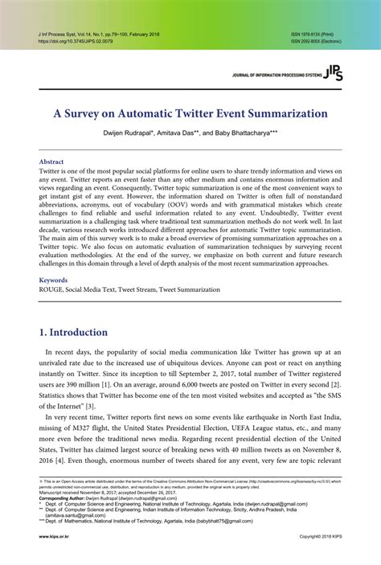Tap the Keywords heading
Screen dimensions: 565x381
pyautogui.click(x=54, y=280)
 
